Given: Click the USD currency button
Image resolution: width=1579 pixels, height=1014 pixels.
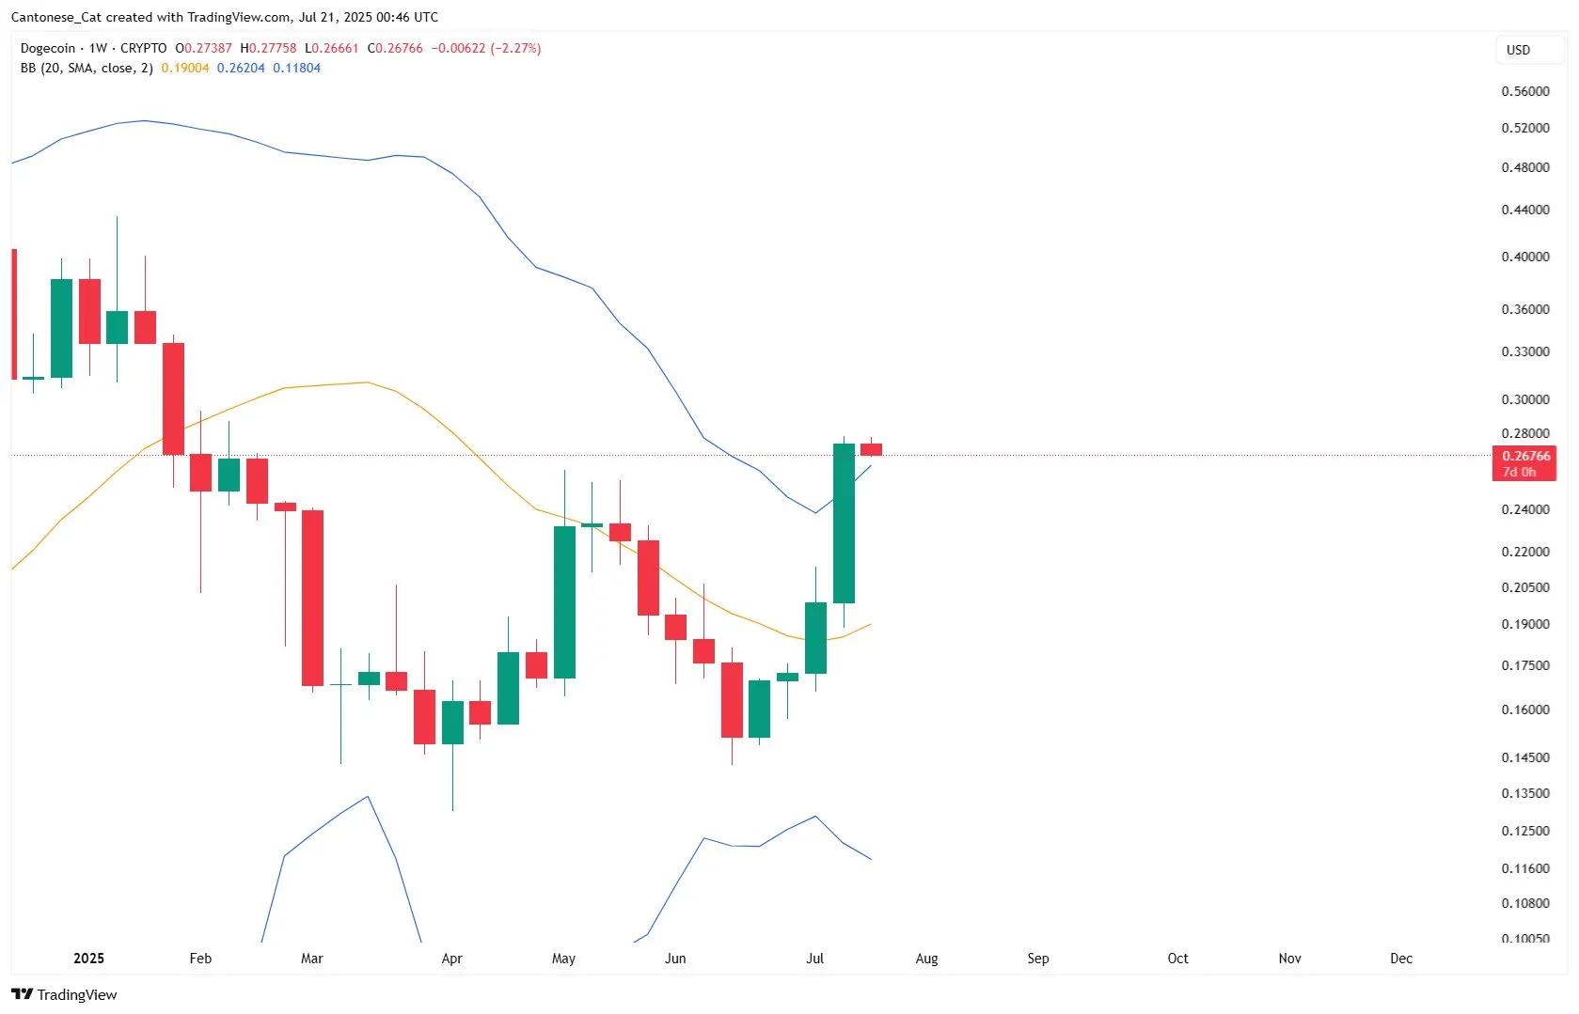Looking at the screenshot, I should click(x=1518, y=50).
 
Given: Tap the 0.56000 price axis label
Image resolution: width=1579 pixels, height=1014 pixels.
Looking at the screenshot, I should click(x=1524, y=91).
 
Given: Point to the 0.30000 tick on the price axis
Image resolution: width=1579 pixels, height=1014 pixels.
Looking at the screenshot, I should click(x=1524, y=399).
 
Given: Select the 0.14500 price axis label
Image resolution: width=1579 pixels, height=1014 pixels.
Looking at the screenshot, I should click(x=1524, y=757).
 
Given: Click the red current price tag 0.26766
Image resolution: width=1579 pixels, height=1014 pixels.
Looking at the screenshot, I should click(x=1524, y=457).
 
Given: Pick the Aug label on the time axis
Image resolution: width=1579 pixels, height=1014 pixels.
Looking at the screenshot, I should click(x=926, y=959).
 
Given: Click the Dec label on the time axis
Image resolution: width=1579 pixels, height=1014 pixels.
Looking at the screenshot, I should click(x=1400, y=959).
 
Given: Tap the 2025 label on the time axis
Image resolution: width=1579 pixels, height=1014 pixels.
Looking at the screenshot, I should click(x=88, y=959).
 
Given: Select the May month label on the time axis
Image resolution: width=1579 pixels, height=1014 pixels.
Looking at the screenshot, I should click(x=563, y=959).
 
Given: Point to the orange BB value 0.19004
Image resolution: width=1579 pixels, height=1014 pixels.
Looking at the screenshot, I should click(x=185, y=68).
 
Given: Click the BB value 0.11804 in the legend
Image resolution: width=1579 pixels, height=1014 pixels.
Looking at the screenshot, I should click(x=296, y=68).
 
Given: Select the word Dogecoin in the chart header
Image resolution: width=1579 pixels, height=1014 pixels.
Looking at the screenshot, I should click(x=47, y=48).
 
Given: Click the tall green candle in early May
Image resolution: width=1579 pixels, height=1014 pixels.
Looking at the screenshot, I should click(x=564, y=601).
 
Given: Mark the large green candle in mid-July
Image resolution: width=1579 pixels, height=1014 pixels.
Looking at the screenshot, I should click(x=844, y=523).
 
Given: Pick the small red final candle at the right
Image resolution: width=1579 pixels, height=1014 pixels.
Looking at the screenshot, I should click(x=871, y=449).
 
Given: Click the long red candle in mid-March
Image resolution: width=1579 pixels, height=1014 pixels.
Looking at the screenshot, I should click(x=312, y=598).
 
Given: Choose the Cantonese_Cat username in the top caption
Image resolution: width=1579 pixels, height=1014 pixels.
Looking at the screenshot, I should click(x=55, y=17).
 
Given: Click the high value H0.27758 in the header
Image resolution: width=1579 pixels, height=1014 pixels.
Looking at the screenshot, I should click(x=268, y=48).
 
